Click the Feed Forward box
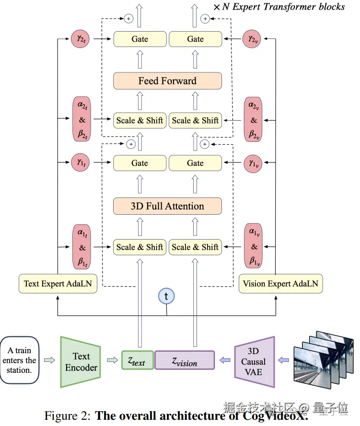coord(167,81)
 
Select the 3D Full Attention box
coord(167,207)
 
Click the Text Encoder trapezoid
coord(81,362)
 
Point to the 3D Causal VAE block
coord(254,362)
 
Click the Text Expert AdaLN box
coord(58,284)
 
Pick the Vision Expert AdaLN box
coord(280,284)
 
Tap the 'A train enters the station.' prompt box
coord(19,360)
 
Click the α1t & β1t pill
coord(82,247)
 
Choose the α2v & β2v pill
coord(254,120)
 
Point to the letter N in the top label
coord(225,7)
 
